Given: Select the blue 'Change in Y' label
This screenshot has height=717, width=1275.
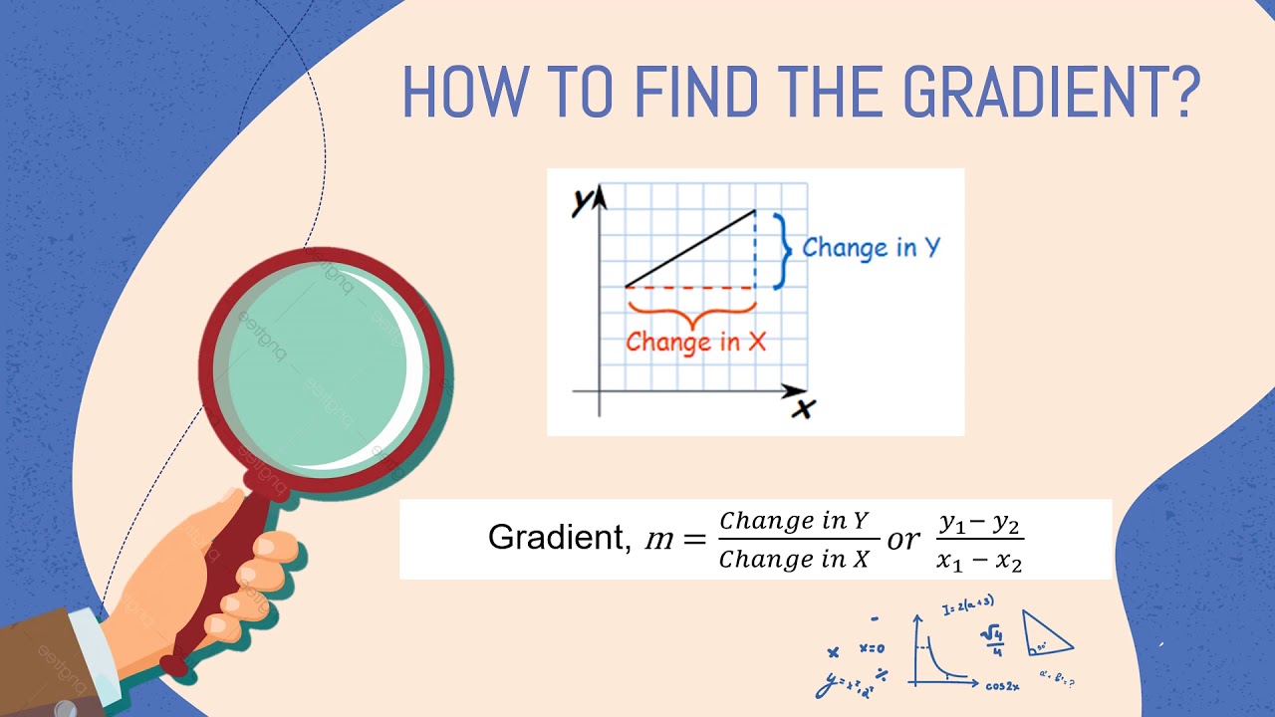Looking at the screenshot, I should pyautogui.click(x=871, y=247).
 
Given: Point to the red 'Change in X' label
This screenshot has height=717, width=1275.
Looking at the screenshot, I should pyautogui.click(x=695, y=342).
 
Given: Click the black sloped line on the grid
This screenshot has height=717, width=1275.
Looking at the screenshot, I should pyautogui.click(x=689, y=248).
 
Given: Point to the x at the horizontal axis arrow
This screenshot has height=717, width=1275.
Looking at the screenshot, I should pyautogui.click(x=802, y=408).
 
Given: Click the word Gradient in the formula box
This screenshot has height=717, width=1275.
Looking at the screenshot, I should pyautogui.click(x=554, y=539).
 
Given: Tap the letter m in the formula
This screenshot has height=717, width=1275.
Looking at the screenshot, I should pyautogui.click(x=659, y=539).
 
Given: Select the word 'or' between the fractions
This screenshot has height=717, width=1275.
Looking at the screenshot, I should pyautogui.click(x=903, y=539).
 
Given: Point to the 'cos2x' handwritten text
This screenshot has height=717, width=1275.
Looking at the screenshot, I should pyautogui.click(x=1002, y=686).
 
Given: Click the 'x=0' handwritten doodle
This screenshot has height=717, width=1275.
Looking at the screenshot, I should pyautogui.click(x=872, y=648).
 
